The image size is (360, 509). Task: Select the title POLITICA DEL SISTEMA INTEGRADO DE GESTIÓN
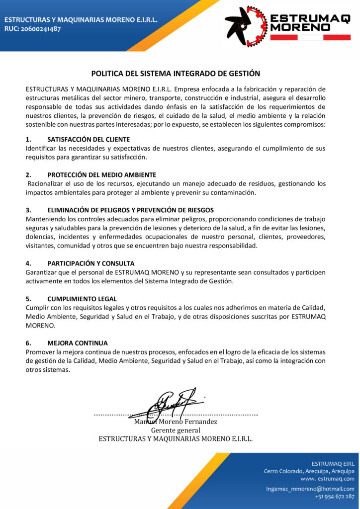click(176, 74)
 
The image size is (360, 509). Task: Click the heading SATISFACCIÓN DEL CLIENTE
click(89, 139)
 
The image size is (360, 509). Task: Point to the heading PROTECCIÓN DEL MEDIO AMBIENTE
click(101, 175)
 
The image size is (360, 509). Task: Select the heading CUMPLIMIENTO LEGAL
click(82, 299)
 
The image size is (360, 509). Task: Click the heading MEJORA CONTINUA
click(78, 343)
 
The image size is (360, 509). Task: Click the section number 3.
click(28, 210)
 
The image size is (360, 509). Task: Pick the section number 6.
click(28, 343)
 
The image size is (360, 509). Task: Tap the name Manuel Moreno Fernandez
click(176, 422)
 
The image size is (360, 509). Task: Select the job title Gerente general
click(176, 430)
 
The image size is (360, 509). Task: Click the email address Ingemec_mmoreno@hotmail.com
click(310, 489)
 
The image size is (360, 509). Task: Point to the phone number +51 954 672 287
click(335, 497)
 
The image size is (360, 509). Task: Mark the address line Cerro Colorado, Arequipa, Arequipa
click(309, 471)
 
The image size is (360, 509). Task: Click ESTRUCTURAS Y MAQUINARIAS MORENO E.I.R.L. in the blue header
click(81, 20)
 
